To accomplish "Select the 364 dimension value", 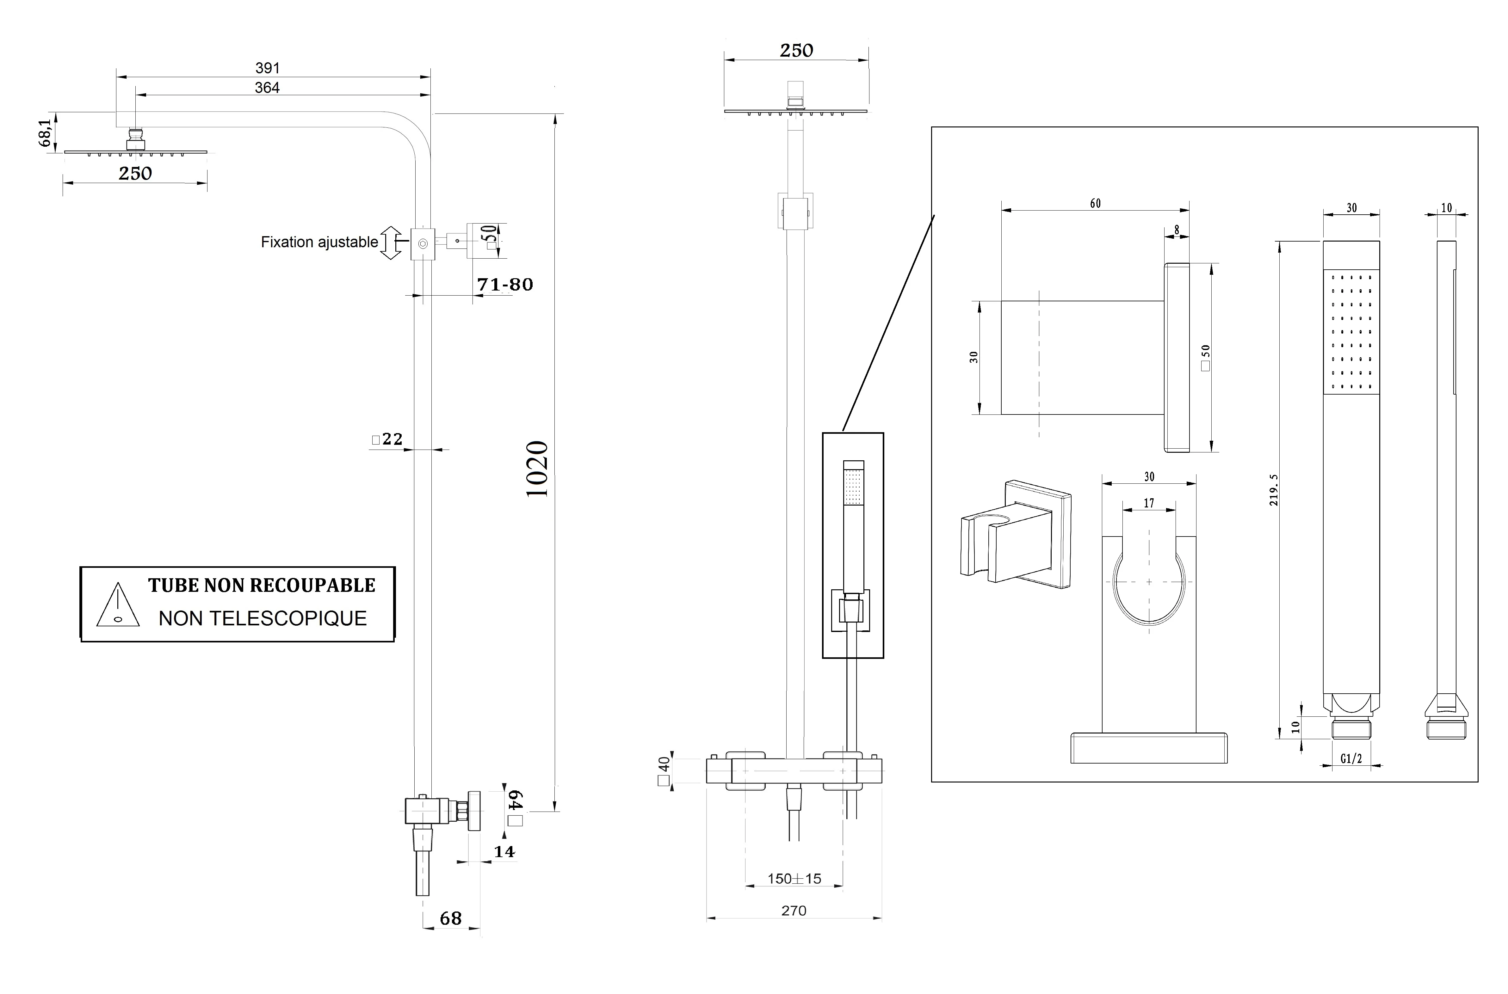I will [267, 88].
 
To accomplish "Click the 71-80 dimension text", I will [505, 285].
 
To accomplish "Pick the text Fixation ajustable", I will [319, 242].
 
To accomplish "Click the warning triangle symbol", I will [118, 606].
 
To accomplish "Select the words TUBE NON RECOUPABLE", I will [261, 585].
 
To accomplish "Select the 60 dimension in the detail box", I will [1095, 204].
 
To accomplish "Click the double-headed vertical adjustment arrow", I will [391, 243].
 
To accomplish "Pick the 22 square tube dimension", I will [388, 439].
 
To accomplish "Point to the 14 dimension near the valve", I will [504, 851].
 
